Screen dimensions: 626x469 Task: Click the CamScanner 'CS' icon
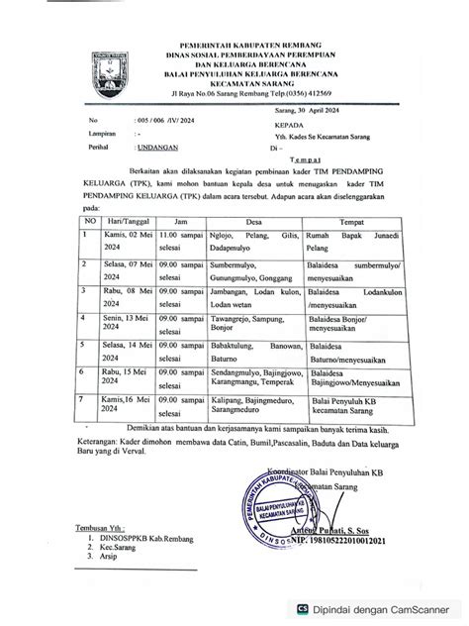coord(330,609)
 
